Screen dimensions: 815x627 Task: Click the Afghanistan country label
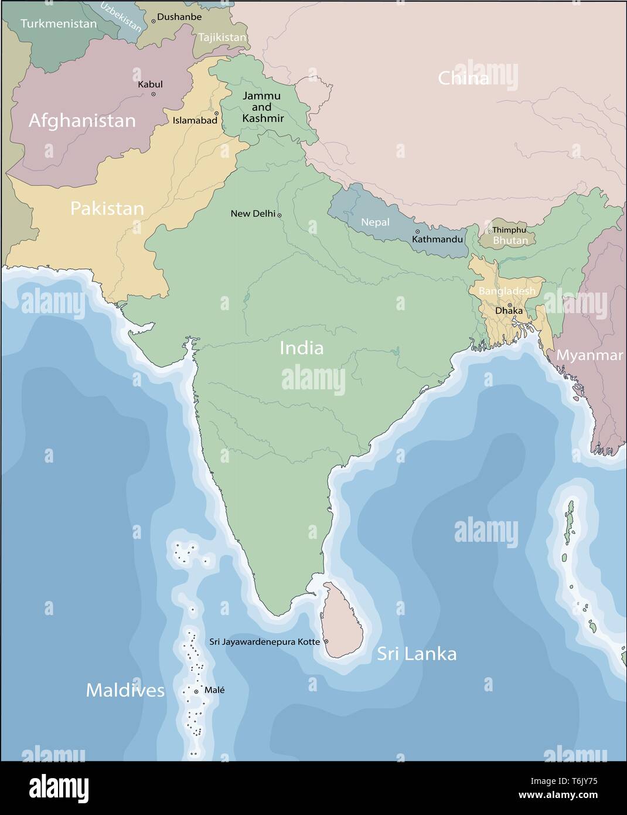[x=82, y=121]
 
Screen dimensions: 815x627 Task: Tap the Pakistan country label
[x=107, y=209]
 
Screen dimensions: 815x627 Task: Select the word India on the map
[x=301, y=348]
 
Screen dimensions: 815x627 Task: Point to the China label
[x=464, y=79]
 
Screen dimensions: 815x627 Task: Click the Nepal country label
[x=375, y=222]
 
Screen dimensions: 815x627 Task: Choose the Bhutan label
[x=510, y=240]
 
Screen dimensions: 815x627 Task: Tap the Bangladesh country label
[x=507, y=291]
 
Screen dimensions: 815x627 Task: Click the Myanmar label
[x=589, y=355]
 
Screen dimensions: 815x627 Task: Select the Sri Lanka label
[x=417, y=654]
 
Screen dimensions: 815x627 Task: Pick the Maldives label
[x=125, y=690]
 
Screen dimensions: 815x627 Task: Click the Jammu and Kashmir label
[x=262, y=107]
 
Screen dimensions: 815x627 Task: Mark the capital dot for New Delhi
[x=280, y=215]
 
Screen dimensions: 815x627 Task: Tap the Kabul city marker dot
[x=154, y=94]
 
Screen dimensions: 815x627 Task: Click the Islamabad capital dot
[x=216, y=114]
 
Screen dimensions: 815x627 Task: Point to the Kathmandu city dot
[x=417, y=232]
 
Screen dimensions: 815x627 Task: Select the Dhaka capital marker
[x=509, y=305]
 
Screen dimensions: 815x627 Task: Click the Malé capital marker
[x=196, y=692]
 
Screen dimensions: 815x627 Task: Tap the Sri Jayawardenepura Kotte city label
[x=265, y=642]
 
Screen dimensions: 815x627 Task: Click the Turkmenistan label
[x=59, y=24]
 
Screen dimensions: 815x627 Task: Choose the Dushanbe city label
[x=179, y=17]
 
